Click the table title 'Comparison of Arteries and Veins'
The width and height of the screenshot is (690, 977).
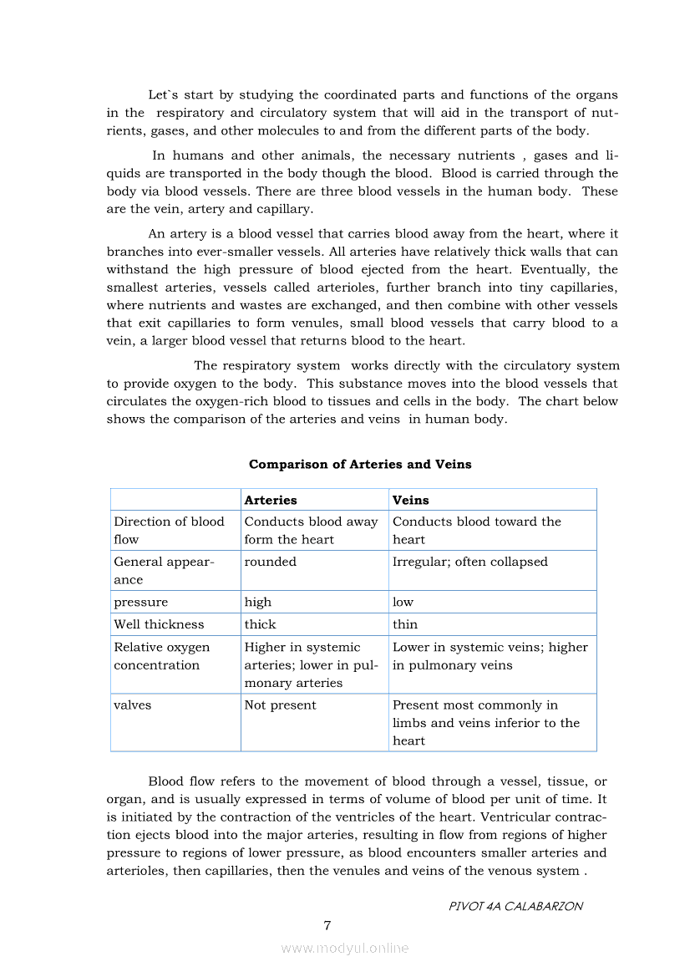point(360,465)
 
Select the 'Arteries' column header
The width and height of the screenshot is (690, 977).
point(271,500)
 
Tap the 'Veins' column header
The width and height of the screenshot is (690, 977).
point(411,500)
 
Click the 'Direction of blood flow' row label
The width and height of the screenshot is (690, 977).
point(170,531)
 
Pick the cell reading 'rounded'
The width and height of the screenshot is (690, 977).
point(271,562)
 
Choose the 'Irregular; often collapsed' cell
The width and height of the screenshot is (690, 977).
point(470,562)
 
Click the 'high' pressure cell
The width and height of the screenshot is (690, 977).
point(258,602)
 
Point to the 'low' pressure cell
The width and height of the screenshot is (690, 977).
point(403,602)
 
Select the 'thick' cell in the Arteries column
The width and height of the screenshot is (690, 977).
point(260,624)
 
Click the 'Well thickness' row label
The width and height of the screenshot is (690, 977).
point(159,624)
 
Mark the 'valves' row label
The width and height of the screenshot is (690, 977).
point(133,705)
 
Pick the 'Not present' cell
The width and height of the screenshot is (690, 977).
point(281,705)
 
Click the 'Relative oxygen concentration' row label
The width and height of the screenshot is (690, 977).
point(162,656)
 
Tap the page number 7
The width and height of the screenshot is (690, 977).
point(327,925)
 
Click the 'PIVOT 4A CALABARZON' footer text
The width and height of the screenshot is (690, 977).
point(515,906)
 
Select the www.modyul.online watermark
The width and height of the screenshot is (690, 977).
point(345,948)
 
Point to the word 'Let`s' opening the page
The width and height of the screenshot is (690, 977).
point(163,95)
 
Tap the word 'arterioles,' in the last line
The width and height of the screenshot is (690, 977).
point(142,871)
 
